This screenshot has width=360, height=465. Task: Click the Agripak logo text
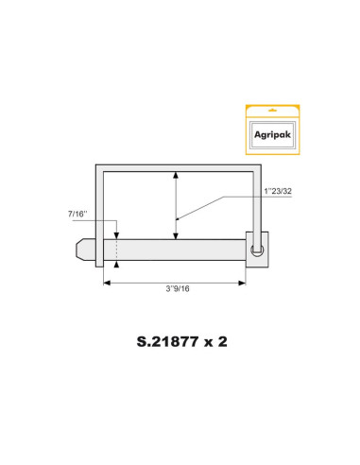pos(272,134)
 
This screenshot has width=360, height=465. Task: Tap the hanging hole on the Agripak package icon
pos(272,109)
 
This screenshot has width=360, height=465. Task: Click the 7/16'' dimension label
pos(78,216)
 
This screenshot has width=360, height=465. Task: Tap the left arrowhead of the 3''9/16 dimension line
pos(106,282)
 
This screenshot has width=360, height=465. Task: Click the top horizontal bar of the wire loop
pos(180,165)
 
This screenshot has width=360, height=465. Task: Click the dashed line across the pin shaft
pos(116,251)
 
